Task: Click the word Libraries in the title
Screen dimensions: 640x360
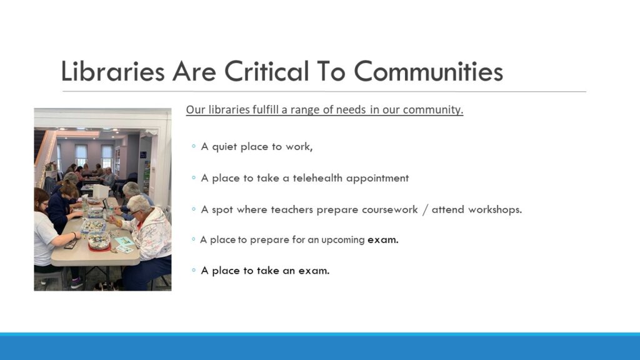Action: (112, 71)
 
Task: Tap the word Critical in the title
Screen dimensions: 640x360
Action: (266, 71)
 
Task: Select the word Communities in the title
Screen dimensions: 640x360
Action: (428, 71)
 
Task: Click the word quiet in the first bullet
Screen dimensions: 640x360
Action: (224, 147)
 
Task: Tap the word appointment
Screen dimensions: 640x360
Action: (377, 178)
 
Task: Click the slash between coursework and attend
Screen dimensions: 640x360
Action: (425, 210)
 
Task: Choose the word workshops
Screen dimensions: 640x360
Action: (495, 209)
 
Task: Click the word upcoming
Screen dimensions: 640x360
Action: (343, 240)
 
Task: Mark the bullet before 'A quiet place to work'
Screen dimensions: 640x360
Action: (194, 146)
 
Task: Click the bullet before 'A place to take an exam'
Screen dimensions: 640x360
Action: (194, 270)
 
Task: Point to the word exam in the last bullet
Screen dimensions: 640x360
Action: (314, 271)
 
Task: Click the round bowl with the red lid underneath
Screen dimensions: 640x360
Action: (99, 241)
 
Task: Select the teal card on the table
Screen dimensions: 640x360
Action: (124, 242)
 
